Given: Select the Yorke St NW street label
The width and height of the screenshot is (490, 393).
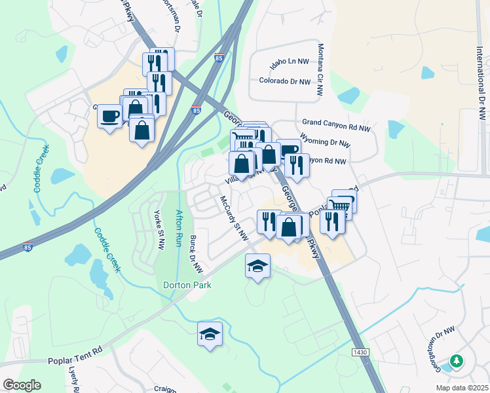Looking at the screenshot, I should [158, 225].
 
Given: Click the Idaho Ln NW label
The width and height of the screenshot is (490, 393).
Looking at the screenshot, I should [289, 66].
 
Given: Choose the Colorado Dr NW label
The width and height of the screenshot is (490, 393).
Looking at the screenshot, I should [284, 81].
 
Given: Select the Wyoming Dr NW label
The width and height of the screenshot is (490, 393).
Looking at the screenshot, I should [325, 141].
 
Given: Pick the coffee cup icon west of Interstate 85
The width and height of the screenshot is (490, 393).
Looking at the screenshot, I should [110, 117].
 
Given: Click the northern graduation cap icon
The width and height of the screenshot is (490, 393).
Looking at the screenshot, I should [258, 265].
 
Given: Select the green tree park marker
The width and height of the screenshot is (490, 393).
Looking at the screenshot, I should [456, 360].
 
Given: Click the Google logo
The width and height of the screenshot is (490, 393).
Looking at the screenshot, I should [22, 385].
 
